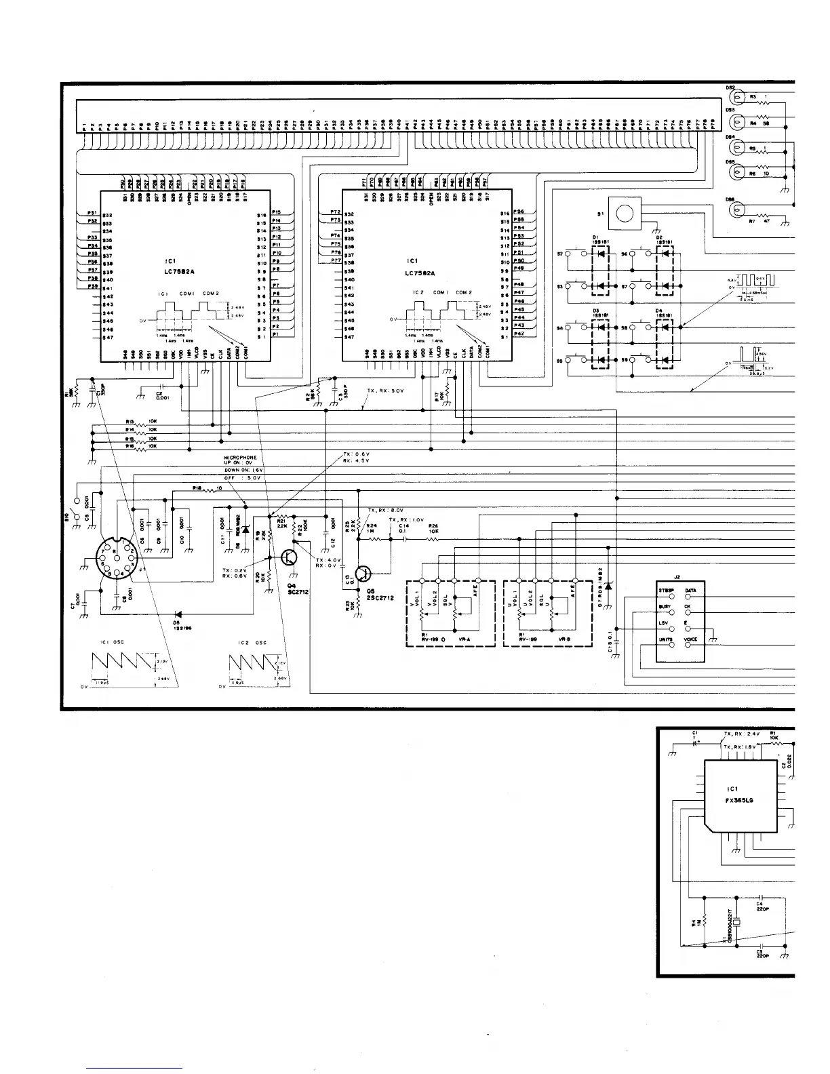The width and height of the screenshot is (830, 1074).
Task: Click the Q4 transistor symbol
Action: coord(290,557)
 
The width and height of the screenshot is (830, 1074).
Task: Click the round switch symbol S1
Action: coord(625,214)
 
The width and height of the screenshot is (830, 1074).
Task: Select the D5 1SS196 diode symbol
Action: coord(177,615)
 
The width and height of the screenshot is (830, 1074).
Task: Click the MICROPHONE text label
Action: coord(241,458)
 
